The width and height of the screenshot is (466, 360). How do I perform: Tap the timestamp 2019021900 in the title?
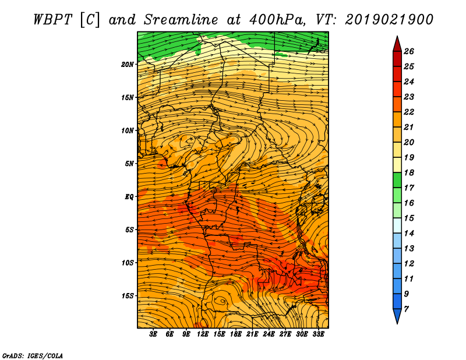click(389, 19)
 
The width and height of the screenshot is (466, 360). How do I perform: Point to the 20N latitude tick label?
click(128, 64)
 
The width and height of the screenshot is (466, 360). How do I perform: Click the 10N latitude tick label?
click(128, 130)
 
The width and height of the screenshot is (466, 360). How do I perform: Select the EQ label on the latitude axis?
click(129, 197)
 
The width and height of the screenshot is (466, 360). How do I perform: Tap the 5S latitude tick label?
click(129, 230)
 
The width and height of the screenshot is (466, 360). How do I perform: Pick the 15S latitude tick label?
click(128, 296)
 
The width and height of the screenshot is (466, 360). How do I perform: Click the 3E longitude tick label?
click(154, 334)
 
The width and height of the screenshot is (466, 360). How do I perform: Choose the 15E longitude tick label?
click(220, 334)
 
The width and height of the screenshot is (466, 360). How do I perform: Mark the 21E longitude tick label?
click(252, 334)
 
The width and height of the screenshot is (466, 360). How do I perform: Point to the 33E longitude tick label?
click(318, 334)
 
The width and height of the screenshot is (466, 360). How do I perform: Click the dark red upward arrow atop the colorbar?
click(397, 43)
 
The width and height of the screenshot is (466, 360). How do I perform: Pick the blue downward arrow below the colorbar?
click(397, 316)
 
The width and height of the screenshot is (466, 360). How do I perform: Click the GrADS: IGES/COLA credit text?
click(33, 355)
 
